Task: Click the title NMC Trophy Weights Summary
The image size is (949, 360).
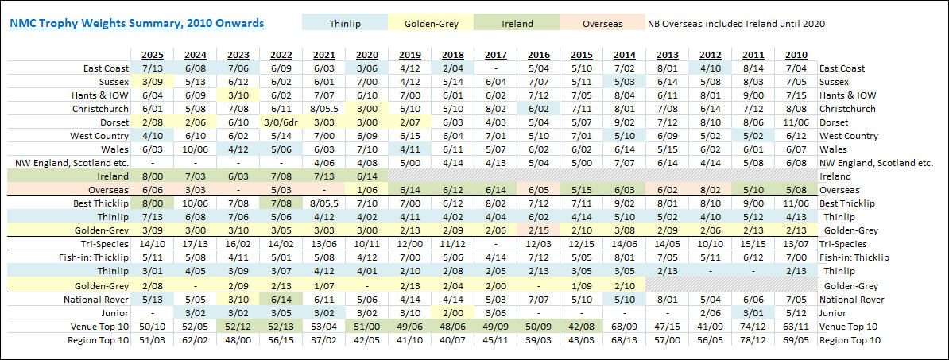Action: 137,24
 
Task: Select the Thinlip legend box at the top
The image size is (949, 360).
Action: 344,24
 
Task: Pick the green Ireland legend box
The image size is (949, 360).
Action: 517,24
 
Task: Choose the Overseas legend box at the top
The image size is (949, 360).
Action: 602,24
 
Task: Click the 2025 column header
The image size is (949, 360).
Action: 153,55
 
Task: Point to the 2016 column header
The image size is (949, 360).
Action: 539,55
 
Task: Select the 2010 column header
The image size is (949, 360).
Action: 795,55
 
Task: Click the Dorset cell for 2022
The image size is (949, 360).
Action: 281,122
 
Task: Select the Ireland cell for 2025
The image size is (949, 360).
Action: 153,176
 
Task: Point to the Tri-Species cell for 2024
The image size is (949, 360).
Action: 196,244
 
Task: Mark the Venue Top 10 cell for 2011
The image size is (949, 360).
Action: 752,327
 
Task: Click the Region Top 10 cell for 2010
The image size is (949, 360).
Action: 795,340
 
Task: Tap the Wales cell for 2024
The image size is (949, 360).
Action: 196,149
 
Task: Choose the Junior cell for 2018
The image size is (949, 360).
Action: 453,313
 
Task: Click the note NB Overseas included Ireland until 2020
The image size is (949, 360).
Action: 736,24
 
